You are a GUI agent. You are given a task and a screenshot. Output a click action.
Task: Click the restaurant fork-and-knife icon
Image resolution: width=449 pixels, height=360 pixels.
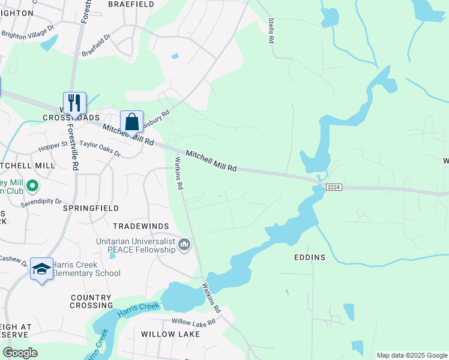pos(74,103)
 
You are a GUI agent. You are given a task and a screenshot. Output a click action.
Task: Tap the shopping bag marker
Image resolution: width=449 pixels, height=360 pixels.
pos(131,122)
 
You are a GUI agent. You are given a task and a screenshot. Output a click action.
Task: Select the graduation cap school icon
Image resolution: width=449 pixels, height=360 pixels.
pos(41,270)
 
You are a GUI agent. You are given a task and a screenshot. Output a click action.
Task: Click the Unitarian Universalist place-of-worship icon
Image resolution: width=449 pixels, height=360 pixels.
pos(185,244)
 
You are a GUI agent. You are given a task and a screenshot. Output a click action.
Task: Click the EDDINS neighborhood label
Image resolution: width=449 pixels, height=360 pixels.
pos(310,257)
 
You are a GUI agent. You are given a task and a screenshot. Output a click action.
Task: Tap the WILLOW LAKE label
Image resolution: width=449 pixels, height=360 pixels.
pos(161,333)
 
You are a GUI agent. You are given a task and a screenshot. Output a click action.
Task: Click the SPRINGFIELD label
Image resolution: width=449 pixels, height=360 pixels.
pos(91,208)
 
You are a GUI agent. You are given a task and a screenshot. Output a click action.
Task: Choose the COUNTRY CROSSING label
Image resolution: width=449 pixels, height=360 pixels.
pos(91,301)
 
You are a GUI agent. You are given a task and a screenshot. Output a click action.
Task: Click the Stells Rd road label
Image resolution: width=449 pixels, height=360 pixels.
pos(271,31)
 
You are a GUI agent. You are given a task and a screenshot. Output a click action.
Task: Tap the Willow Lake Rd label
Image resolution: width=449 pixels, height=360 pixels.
pos(193,322)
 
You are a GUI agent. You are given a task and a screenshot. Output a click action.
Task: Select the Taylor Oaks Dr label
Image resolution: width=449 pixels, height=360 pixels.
pos(100,149)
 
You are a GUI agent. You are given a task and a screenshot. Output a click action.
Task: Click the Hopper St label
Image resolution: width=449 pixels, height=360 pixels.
pos(53,146)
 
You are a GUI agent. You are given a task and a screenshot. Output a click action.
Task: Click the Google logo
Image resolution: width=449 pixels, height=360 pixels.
pos(20,353)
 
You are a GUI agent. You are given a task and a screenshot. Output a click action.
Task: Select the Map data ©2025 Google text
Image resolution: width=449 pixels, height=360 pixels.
pos(411,355)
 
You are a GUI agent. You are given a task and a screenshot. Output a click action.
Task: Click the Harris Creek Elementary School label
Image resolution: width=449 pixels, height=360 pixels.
pos(85,269)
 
